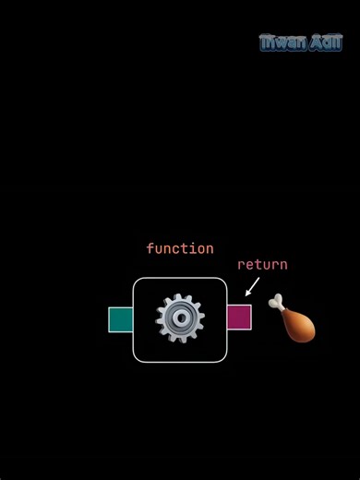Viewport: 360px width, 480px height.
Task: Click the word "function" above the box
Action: tap(180, 248)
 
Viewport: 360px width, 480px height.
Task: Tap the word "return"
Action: tap(262, 264)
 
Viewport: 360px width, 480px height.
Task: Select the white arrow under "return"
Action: tap(252, 287)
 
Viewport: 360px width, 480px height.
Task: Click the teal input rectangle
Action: tap(120, 319)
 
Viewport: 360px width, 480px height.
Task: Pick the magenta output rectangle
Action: tap(239, 317)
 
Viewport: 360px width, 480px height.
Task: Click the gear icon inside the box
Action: tap(180, 319)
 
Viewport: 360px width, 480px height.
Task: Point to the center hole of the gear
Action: tap(180, 319)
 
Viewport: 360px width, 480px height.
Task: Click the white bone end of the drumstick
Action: tap(276, 301)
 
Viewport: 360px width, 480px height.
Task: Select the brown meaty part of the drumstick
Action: tap(299, 326)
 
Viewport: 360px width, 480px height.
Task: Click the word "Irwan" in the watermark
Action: tap(281, 42)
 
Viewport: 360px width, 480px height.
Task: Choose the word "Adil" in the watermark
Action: tap(324, 42)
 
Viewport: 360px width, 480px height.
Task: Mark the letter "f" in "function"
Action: tap(150, 248)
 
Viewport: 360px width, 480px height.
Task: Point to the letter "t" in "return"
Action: tap(254, 264)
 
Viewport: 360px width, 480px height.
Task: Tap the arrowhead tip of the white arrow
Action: tap(246, 295)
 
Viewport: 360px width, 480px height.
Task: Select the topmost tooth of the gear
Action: tap(180, 298)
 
